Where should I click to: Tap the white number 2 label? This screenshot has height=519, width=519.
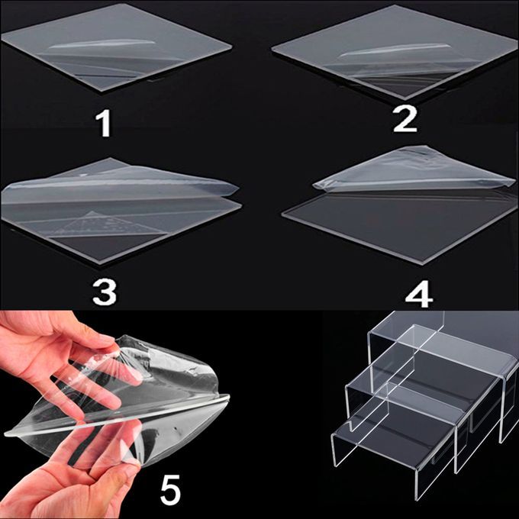pos(405,119)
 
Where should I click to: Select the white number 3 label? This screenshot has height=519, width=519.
pos(105,292)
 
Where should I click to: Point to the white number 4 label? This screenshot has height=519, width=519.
pos(419,294)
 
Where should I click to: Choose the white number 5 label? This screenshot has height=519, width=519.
pos(170,489)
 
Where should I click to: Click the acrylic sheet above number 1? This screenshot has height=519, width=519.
pos(116,47)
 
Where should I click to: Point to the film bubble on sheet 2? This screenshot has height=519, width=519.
pos(392,50)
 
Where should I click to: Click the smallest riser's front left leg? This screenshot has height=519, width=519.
pos(334,451)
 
